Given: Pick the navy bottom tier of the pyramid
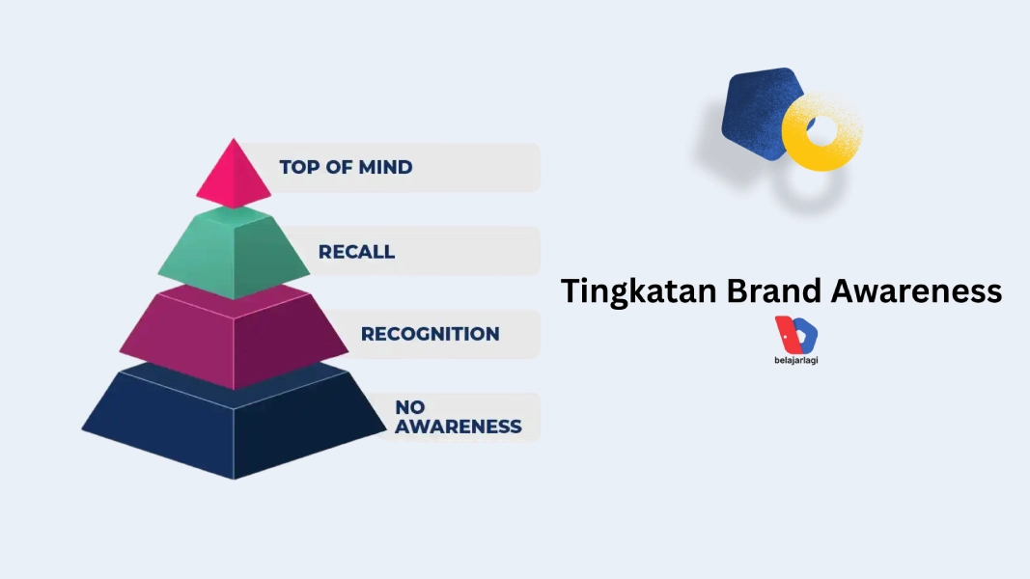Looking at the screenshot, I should [234, 425].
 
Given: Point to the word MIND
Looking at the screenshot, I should [385, 167].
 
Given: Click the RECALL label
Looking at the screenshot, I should [356, 252].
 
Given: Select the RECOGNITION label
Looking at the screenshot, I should [430, 334].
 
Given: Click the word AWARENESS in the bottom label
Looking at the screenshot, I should [458, 427].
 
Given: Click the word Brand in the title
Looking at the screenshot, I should [772, 291].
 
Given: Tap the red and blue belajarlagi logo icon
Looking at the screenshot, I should [796, 334].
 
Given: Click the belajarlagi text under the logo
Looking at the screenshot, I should [796, 360].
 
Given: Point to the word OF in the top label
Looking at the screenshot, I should [338, 167].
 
